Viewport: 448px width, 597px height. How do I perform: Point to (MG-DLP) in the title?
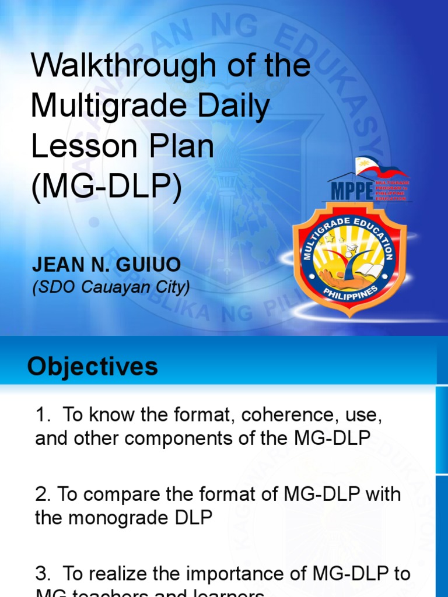coord(106,187)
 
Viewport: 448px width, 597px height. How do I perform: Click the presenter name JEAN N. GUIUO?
coord(106,265)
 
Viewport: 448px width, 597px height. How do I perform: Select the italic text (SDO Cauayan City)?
coord(111,287)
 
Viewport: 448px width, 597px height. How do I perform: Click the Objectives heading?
coord(93,367)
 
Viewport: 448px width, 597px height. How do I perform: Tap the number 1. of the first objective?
coord(43,415)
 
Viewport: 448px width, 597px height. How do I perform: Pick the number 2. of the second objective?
coord(43,494)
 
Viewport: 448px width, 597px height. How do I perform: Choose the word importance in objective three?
coord(225,574)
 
